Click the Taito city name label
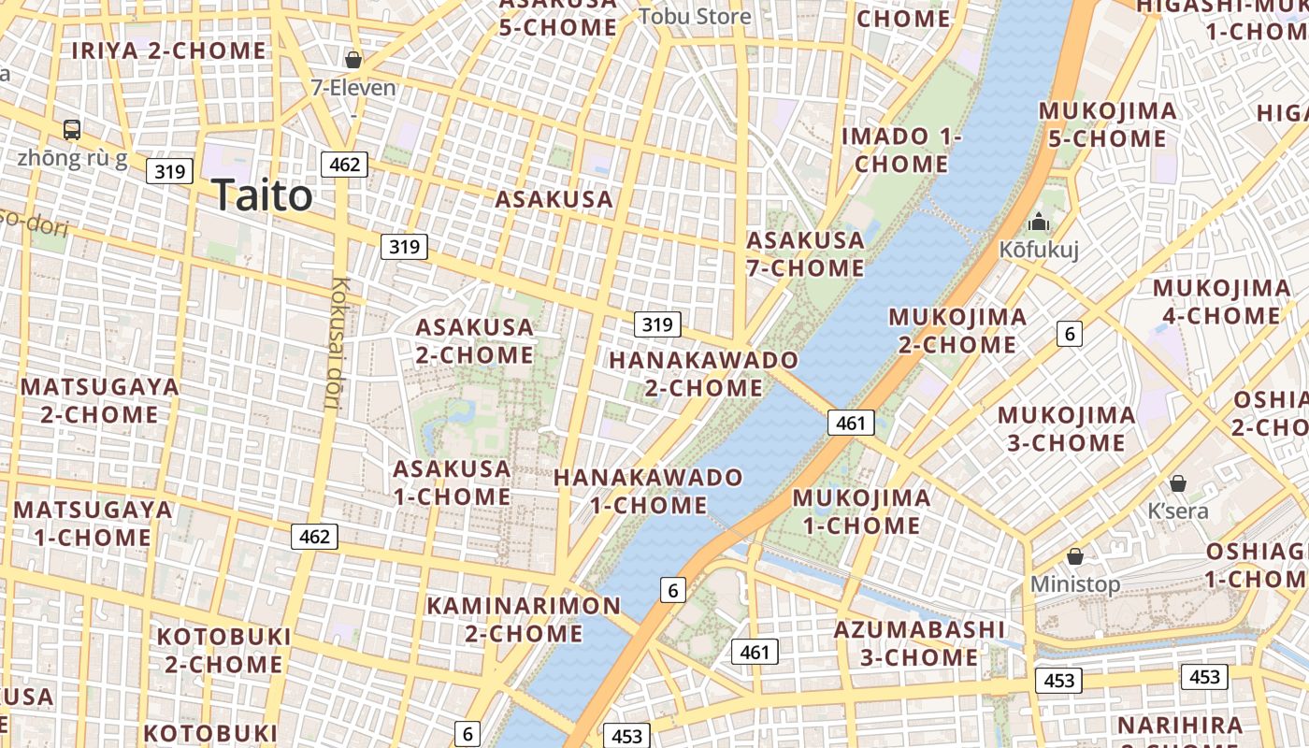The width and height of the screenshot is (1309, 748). pyautogui.click(x=262, y=195)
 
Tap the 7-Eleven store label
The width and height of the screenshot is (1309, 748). pyautogui.click(x=353, y=88)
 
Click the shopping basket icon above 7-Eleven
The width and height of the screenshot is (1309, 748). pyautogui.click(x=353, y=60)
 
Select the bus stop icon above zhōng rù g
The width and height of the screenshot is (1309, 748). pyautogui.click(x=72, y=130)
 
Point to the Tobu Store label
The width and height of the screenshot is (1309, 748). pyautogui.click(x=695, y=16)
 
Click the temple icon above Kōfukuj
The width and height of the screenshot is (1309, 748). pyautogui.click(x=1039, y=223)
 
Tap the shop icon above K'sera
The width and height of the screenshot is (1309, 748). pyautogui.click(x=1178, y=483)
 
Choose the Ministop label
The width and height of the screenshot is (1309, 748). pyautogui.click(x=1074, y=584)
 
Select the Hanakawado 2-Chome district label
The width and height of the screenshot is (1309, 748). pyautogui.click(x=704, y=373)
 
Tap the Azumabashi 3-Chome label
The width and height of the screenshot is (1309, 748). pyautogui.click(x=919, y=642)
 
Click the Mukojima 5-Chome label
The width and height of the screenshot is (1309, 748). pyautogui.click(x=1108, y=124)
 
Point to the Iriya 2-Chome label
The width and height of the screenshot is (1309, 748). pyautogui.click(x=169, y=50)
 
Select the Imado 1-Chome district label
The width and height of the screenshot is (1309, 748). pyautogui.click(x=901, y=150)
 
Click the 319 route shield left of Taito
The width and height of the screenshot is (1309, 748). pyautogui.click(x=169, y=171)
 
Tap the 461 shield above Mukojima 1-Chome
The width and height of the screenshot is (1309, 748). pyautogui.click(x=850, y=423)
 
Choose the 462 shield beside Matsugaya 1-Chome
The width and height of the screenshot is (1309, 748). pyautogui.click(x=314, y=537)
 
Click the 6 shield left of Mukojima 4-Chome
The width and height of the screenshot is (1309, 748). pyautogui.click(x=1070, y=333)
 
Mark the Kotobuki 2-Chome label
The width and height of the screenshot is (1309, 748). pyautogui.click(x=223, y=650)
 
